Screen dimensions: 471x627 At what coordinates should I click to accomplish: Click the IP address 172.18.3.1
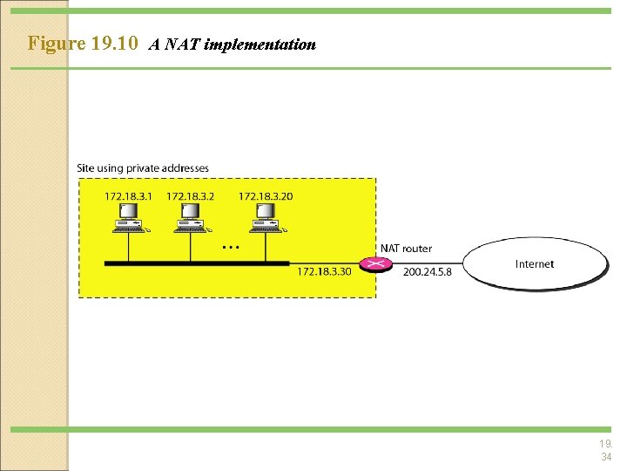[x=128, y=196]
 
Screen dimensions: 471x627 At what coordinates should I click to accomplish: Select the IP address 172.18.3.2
[x=190, y=196]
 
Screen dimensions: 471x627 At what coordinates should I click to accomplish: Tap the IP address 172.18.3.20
[x=266, y=196]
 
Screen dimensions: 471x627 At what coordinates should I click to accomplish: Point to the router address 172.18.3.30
[x=324, y=272]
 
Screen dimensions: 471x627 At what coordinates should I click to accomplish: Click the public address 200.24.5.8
[x=427, y=272]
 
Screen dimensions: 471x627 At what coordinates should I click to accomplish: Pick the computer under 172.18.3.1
[x=129, y=218]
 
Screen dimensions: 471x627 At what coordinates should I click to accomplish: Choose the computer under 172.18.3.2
[x=191, y=218]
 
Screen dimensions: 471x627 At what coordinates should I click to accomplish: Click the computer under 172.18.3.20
[x=265, y=218]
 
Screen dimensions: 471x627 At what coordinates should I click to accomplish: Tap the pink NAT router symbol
[x=377, y=263]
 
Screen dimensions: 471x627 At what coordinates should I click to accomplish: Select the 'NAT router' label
[x=405, y=249]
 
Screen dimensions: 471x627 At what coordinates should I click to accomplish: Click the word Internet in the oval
[x=534, y=263]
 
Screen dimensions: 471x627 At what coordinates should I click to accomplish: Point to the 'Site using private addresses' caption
[x=143, y=167]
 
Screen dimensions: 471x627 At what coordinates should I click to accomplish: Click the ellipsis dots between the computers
[x=230, y=248]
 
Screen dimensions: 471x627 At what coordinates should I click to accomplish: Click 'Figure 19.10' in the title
[x=83, y=43]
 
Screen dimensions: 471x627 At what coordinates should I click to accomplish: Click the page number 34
[x=605, y=457]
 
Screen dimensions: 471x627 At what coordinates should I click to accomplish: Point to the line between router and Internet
[x=426, y=263]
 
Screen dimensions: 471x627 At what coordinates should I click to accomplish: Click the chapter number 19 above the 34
[x=605, y=443]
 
